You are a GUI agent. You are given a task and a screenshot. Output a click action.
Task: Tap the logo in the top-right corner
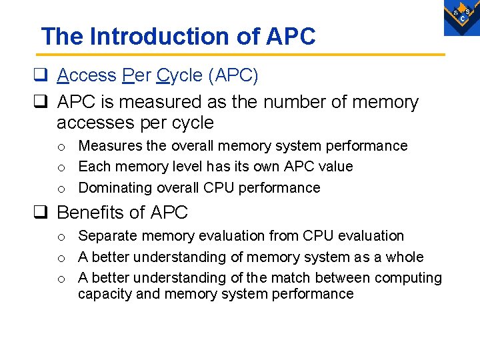(461, 17)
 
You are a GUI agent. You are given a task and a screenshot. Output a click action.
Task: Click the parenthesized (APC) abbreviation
(233, 75)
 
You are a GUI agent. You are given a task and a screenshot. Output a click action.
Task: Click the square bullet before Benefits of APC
(45, 213)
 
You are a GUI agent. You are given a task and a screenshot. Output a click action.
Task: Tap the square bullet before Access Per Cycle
(45, 75)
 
